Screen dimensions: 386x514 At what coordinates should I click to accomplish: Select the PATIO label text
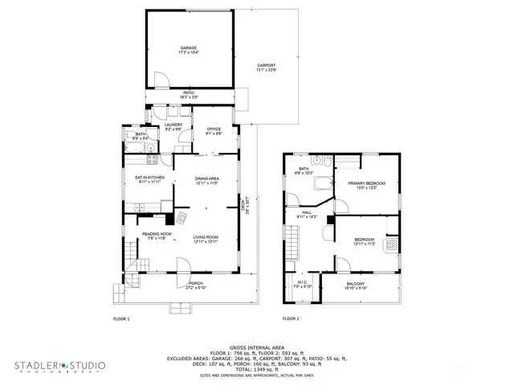tap(189, 94)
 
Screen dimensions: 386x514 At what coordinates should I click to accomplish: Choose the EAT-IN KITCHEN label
tap(149, 179)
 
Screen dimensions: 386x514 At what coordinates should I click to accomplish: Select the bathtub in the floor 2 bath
tap(321, 183)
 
